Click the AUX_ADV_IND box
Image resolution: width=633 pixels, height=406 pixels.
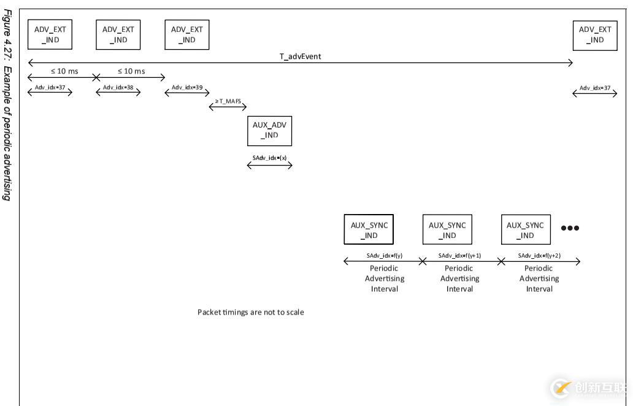[x=269, y=131]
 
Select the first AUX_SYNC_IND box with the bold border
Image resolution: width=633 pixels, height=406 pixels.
[x=369, y=229]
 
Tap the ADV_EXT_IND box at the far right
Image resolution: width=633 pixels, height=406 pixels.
[x=595, y=35]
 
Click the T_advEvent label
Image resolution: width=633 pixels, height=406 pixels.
[x=300, y=56]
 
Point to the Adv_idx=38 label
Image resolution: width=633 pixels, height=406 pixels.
[x=118, y=87]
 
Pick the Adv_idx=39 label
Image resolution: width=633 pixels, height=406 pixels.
[x=187, y=87]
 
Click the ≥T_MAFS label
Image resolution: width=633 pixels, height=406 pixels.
[x=228, y=101]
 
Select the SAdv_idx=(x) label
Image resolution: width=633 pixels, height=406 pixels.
[x=269, y=158]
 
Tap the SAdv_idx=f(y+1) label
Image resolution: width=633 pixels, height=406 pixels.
[x=459, y=256]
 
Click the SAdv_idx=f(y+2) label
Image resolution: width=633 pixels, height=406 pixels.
[x=539, y=256]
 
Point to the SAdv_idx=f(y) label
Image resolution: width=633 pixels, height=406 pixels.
[x=385, y=256]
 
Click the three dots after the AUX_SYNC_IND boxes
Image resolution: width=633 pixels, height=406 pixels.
[x=570, y=228]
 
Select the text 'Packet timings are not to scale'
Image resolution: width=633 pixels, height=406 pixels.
[x=250, y=312]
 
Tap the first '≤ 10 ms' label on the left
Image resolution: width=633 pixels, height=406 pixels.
[x=64, y=71]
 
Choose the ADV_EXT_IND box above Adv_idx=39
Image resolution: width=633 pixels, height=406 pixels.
[x=187, y=35]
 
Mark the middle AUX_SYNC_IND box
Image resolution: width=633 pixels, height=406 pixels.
[x=447, y=229]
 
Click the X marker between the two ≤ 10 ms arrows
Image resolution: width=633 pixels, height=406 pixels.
[x=96, y=77]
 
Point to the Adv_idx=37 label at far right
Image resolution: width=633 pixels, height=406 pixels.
[x=595, y=88]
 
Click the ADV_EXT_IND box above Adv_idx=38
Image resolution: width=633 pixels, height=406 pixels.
[x=118, y=35]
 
